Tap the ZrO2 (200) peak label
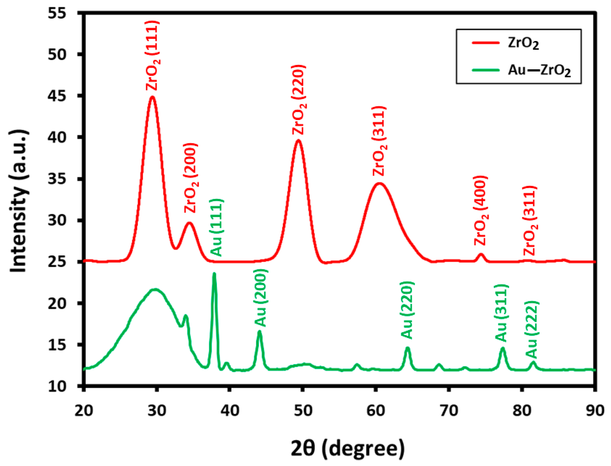click(191, 178)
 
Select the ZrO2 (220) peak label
click(299, 100)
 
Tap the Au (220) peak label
click(407, 310)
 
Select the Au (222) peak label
click(532, 329)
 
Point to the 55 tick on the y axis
click(57, 13)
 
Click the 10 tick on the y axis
click(57, 386)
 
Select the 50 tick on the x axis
click(303, 410)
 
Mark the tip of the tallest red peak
click(152, 97)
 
